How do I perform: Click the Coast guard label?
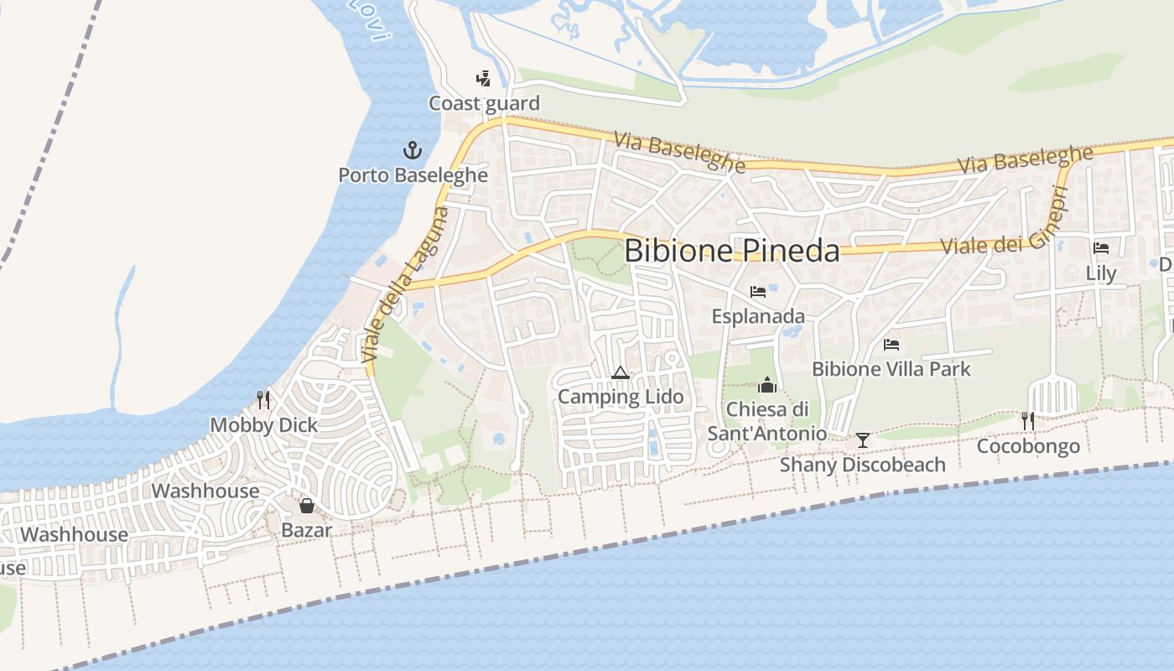484,103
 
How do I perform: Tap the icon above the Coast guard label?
483,79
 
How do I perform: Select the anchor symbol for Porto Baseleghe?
412,151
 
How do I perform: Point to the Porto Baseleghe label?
413,175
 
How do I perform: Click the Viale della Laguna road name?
405,285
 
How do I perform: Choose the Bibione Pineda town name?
731,251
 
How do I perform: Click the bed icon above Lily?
1101,248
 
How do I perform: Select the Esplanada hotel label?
758,316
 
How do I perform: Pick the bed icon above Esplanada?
758,292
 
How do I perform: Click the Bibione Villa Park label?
891,369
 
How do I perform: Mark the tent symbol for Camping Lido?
621,372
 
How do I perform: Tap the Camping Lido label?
621,397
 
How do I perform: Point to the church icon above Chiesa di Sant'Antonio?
766,385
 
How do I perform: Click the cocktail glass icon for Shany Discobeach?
862,440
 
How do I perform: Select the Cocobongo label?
1028,445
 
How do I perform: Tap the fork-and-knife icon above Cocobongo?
1028,420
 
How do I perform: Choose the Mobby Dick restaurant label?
263,425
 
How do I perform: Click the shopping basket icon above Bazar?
307,506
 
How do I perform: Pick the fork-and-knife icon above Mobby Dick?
263,399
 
